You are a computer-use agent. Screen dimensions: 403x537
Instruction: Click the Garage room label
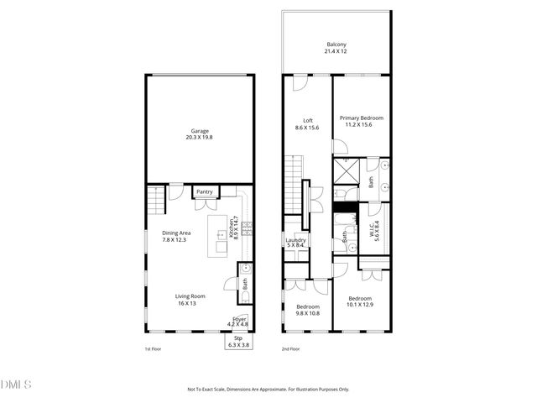point(200,134)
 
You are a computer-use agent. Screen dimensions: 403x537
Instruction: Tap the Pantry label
point(205,192)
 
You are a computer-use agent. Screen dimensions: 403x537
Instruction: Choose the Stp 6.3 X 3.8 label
point(240,342)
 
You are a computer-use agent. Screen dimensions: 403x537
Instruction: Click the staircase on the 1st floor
point(156,202)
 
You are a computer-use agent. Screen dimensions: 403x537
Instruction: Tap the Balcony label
point(336,48)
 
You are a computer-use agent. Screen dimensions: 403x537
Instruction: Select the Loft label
point(302,123)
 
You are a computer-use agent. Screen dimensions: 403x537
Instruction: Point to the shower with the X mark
point(345,171)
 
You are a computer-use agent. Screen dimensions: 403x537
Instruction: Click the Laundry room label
point(295,243)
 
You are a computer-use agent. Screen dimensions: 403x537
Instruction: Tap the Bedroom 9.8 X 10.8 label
point(307,311)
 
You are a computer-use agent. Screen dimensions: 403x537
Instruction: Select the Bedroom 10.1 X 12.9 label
point(360,302)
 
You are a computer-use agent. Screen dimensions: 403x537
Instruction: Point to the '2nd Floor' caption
point(291,349)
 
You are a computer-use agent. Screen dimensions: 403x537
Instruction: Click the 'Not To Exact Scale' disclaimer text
point(268,389)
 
